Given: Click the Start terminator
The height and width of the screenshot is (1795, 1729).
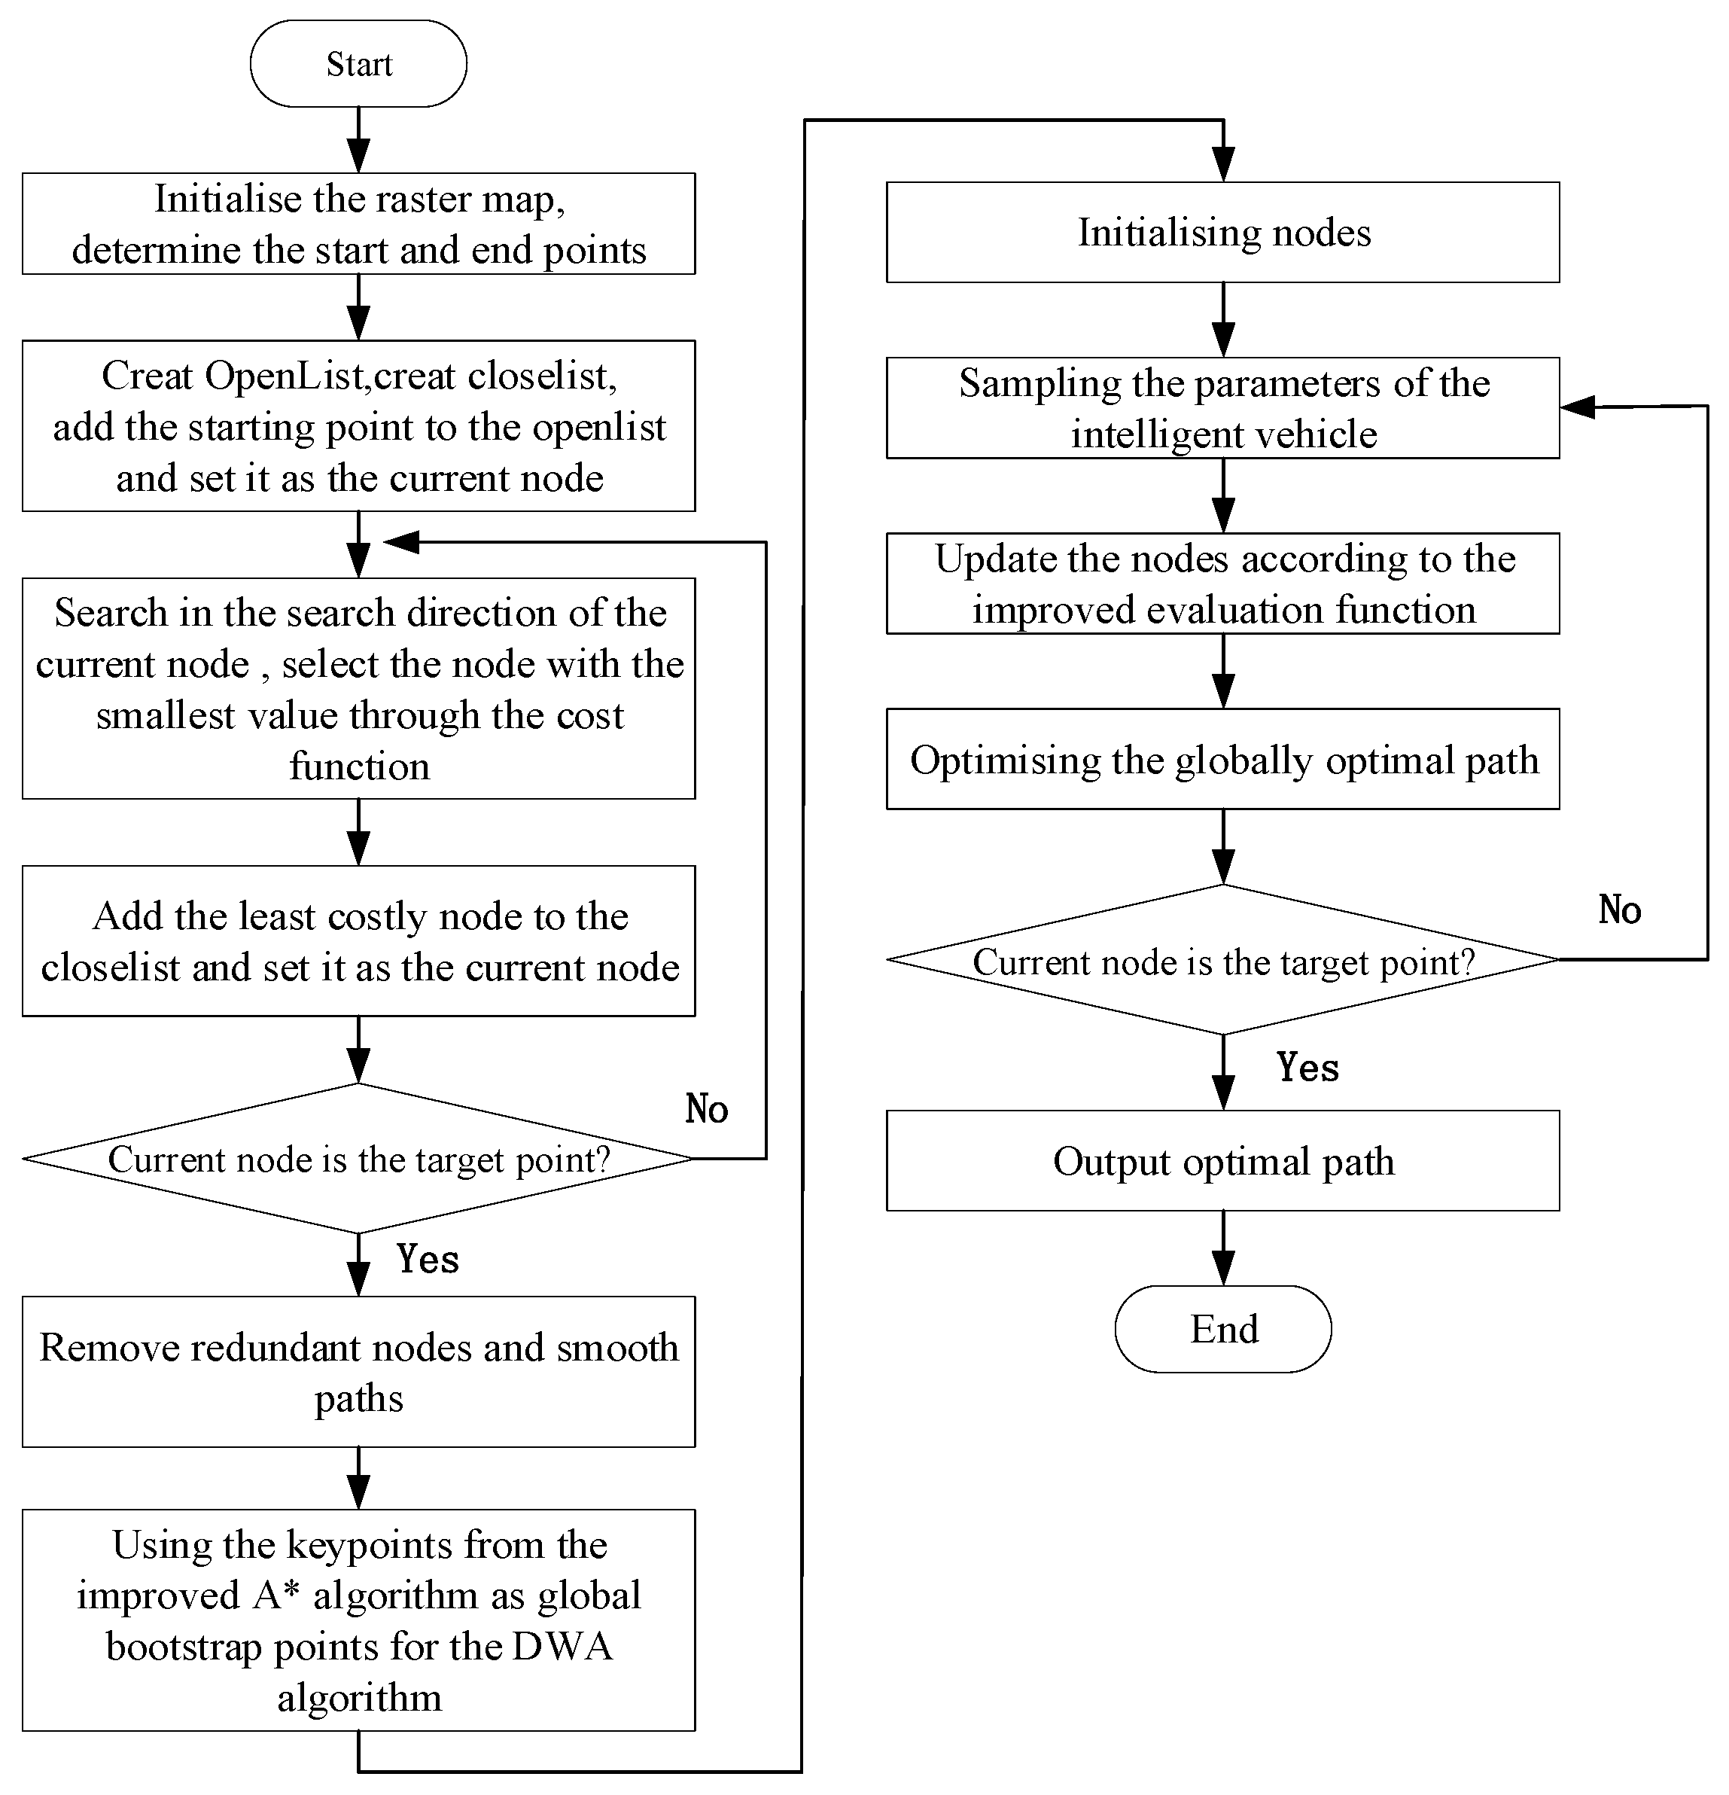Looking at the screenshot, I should [x=358, y=64].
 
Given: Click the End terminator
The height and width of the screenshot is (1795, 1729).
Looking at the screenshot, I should [x=1222, y=1329].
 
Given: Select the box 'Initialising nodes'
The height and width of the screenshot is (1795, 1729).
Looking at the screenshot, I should [x=1222, y=233].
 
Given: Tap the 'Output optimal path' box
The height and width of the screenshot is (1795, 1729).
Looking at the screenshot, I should [x=1222, y=1161].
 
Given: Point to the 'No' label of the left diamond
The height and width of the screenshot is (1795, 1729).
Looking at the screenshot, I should [x=706, y=1109].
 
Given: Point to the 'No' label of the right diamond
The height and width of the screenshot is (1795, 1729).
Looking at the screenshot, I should [x=1619, y=910].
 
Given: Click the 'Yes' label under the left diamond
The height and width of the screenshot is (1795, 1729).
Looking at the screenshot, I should [x=428, y=1259].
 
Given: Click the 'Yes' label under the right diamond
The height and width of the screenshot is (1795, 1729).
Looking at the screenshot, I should [x=1307, y=1068].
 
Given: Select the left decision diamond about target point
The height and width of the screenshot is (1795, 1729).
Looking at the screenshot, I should [x=358, y=1160].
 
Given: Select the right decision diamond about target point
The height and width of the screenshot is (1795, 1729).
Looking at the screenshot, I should [x=1222, y=961].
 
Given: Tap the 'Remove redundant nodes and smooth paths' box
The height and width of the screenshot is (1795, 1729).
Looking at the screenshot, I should [x=358, y=1372].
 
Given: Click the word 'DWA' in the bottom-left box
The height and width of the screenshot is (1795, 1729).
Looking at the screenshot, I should [x=562, y=1647].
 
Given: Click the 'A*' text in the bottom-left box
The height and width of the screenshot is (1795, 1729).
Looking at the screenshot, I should [x=276, y=1595].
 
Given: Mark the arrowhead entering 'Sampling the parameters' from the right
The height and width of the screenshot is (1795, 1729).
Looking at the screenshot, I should [x=1577, y=407].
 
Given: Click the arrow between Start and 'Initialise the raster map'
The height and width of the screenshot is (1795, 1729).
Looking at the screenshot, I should [x=358, y=139].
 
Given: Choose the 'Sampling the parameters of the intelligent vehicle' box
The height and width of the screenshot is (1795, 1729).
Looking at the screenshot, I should [x=1222, y=407].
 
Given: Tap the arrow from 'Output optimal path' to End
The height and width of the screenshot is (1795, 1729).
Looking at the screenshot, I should [x=1222, y=1248].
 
